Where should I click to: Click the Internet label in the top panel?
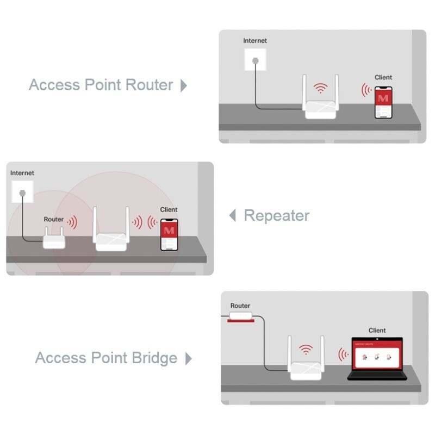255,41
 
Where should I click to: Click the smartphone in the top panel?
383,101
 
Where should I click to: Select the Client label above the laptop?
377,330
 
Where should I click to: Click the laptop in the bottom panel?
377,358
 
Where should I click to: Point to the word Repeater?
276,215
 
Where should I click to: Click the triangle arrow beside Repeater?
233,215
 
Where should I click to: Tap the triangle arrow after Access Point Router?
184,85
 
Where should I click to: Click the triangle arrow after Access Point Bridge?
189,358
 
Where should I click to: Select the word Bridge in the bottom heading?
154,358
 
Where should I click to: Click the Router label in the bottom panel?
240,306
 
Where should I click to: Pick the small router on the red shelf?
241,316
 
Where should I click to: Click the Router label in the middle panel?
54,219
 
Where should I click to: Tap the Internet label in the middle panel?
22,173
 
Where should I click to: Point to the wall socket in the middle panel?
22,192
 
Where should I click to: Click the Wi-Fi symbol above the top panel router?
321,88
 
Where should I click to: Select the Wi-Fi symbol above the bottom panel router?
306,349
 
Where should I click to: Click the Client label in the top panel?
383,77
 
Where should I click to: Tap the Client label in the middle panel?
169,209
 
